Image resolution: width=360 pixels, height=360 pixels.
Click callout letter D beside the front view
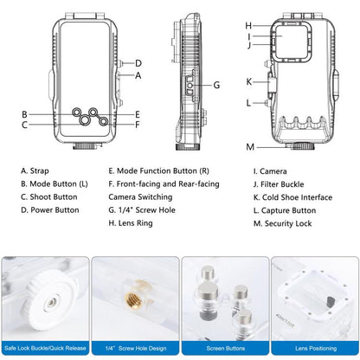pos(138,63)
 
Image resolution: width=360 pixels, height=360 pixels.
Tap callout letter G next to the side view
pos(216,86)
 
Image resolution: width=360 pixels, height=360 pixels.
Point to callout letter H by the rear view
pos(247,25)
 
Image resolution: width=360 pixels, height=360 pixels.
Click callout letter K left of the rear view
pos(248,82)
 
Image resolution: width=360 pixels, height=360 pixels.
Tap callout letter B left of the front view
pos(26,114)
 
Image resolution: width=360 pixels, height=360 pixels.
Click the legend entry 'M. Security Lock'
pos(281,223)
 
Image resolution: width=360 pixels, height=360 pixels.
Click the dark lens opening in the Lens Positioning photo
pos(326,301)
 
